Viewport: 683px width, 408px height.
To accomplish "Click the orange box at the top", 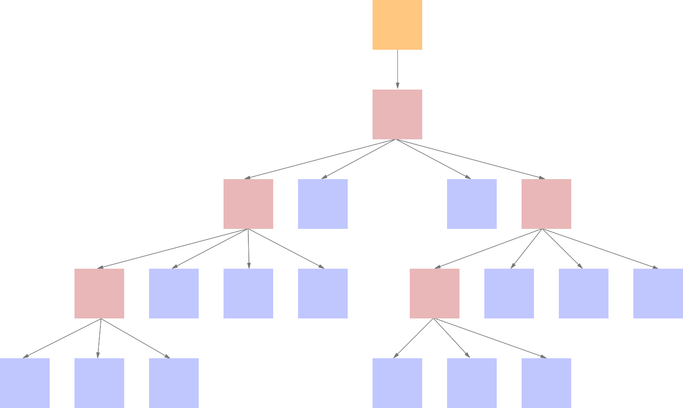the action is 397,25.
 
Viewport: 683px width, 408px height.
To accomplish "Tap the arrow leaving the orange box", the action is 397,70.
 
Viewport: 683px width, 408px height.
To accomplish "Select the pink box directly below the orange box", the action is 397,114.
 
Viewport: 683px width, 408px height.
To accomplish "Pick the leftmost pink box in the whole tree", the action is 99,294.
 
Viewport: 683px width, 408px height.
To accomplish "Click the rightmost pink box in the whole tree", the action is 546,204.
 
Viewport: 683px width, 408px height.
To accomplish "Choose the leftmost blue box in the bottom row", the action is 25,383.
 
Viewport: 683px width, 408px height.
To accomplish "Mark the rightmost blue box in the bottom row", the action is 546,383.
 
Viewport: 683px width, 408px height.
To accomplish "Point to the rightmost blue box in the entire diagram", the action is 658,294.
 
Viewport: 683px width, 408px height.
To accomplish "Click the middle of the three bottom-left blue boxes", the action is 99,383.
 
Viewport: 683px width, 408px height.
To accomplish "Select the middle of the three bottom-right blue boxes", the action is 472,383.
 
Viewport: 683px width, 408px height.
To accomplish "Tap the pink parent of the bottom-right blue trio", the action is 435,294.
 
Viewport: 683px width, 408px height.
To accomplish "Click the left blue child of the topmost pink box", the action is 323,204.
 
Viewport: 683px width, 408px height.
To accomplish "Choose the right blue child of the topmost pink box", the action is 472,204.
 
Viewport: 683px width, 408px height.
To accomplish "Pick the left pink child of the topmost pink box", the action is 248,204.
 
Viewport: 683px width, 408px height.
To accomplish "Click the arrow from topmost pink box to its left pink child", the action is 320,159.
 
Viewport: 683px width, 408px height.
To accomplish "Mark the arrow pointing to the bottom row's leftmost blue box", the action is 62,338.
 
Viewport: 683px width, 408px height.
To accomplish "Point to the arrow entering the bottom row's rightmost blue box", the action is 490,338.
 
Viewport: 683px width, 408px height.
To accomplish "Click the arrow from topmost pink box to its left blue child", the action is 359,159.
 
